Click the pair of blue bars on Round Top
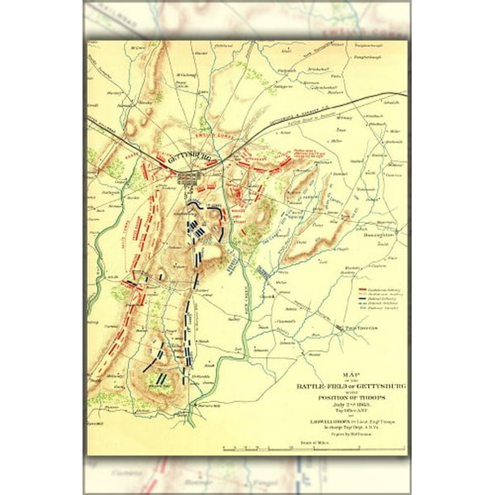[162, 378]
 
